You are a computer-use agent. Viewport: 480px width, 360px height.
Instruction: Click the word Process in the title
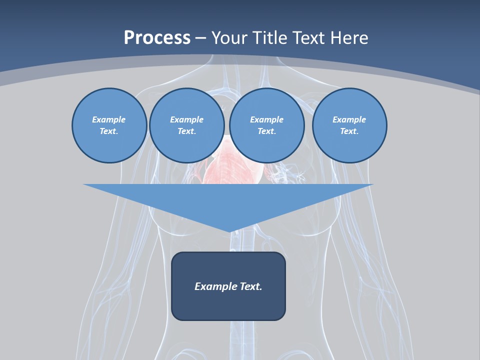157,37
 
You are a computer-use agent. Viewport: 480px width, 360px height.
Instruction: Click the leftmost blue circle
109,125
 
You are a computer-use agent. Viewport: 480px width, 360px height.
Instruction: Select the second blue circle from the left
186,125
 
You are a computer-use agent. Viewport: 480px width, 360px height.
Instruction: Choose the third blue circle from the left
266,125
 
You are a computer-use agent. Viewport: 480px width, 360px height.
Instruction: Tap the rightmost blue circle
349,125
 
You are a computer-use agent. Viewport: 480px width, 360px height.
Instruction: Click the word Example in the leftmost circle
109,119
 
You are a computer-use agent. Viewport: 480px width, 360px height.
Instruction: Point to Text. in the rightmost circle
349,131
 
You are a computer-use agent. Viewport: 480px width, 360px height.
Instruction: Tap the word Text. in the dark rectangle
251,286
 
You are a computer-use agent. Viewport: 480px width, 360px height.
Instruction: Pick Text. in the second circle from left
186,131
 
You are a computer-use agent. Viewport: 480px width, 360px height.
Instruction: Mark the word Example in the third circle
266,119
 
